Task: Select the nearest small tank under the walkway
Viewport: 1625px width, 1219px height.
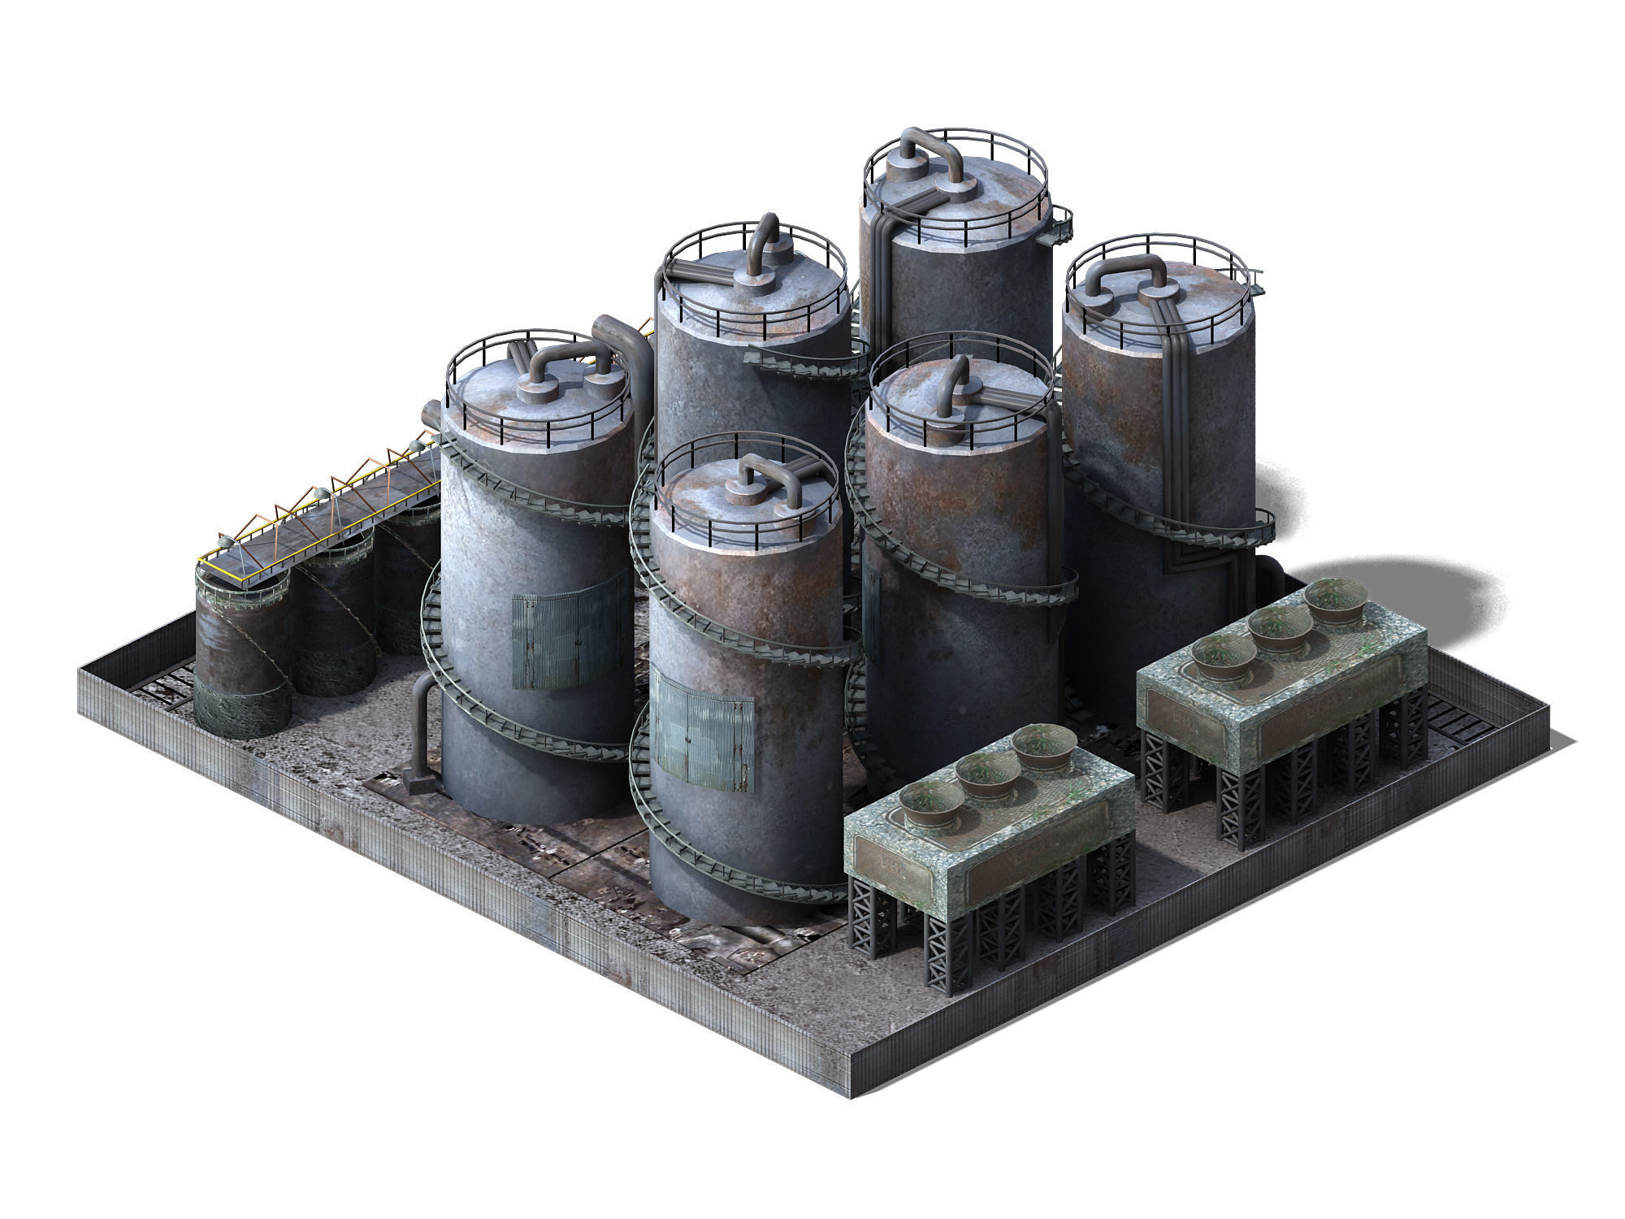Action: tap(242, 650)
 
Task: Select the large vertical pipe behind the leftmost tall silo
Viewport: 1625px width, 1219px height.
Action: tap(632, 358)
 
